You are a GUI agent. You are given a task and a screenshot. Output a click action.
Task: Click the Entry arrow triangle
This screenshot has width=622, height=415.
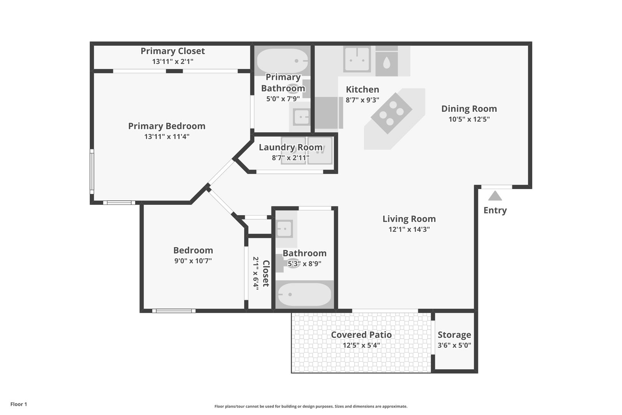[x=495, y=196]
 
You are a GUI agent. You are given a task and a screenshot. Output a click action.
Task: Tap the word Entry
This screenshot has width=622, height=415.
[x=495, y=211]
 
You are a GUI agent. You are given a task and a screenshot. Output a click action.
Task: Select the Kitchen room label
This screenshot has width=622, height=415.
[x=362, y=90]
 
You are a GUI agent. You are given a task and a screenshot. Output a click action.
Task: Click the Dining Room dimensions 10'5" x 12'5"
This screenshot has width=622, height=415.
[x=469, y=119]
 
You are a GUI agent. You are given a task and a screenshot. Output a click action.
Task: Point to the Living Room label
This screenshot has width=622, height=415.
[x=409, y=219]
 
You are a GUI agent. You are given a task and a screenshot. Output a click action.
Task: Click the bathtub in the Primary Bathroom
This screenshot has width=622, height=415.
[x=283, y=61]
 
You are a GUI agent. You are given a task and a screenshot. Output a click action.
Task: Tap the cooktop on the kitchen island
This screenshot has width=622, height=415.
[x=391, y=113]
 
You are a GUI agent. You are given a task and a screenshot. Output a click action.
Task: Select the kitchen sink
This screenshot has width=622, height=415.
[x=357, y=60]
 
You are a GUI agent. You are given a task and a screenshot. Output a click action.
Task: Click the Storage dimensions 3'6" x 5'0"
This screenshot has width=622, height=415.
[x=454, y=345]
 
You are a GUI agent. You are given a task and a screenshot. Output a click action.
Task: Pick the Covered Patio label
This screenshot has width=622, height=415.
[x=361, y=335]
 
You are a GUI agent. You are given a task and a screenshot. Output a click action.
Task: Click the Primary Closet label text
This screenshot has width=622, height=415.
[x=173, y=51]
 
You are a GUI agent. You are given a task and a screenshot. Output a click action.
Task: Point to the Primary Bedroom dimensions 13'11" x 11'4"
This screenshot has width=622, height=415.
[x=167, y=136]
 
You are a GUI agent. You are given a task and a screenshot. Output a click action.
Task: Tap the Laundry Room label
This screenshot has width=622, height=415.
[x=290, y=147]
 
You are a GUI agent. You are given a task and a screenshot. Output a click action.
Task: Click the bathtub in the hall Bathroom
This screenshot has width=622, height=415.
[x=304, y=294]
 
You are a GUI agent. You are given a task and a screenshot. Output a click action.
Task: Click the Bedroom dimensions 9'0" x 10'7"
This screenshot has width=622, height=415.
[x=193, y=261]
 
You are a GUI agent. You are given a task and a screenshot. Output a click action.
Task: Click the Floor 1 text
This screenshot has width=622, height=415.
[x=18, y=404]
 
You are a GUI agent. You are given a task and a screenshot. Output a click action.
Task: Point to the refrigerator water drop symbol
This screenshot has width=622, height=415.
[x=387, y=63]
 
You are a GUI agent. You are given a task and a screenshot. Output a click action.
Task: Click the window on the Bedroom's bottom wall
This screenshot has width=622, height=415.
[x=174, y=311]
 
